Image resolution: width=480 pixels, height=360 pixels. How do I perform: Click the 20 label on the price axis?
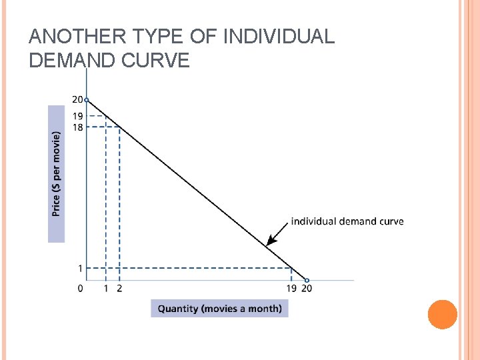click(x=77, y=99)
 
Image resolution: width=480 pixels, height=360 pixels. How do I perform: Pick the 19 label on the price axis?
click(x=77, y=116)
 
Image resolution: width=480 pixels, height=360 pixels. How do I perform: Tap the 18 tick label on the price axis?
click(x=77, y=127)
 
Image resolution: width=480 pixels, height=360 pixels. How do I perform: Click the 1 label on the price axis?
click(x=80, y=269)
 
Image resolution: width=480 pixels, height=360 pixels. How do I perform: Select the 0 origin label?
click(x=80, y=289)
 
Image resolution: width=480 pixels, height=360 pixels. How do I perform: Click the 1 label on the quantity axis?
click(x=105, y=289)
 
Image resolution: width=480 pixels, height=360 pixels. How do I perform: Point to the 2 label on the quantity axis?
click(x=119, y=289)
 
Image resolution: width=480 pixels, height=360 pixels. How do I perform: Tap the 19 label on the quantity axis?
click(x=291, y=289)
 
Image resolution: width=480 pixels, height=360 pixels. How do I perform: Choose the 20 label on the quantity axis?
click(x=307, y=289)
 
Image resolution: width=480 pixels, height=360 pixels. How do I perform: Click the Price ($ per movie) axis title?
click(x=57, y=173)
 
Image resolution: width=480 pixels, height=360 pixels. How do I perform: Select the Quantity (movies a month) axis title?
click(x=219, y=308)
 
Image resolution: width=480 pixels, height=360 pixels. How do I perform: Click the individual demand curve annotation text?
click(x=347, y=221)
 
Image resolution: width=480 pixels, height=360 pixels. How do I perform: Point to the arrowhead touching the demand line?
click(x=270, y=242)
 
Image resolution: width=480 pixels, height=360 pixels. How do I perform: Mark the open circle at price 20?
click(x=87, y=100)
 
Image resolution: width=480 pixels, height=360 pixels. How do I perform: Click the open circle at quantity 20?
click(x=307, y=280)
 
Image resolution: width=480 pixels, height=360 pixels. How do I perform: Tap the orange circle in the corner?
click(x=442, y=314)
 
